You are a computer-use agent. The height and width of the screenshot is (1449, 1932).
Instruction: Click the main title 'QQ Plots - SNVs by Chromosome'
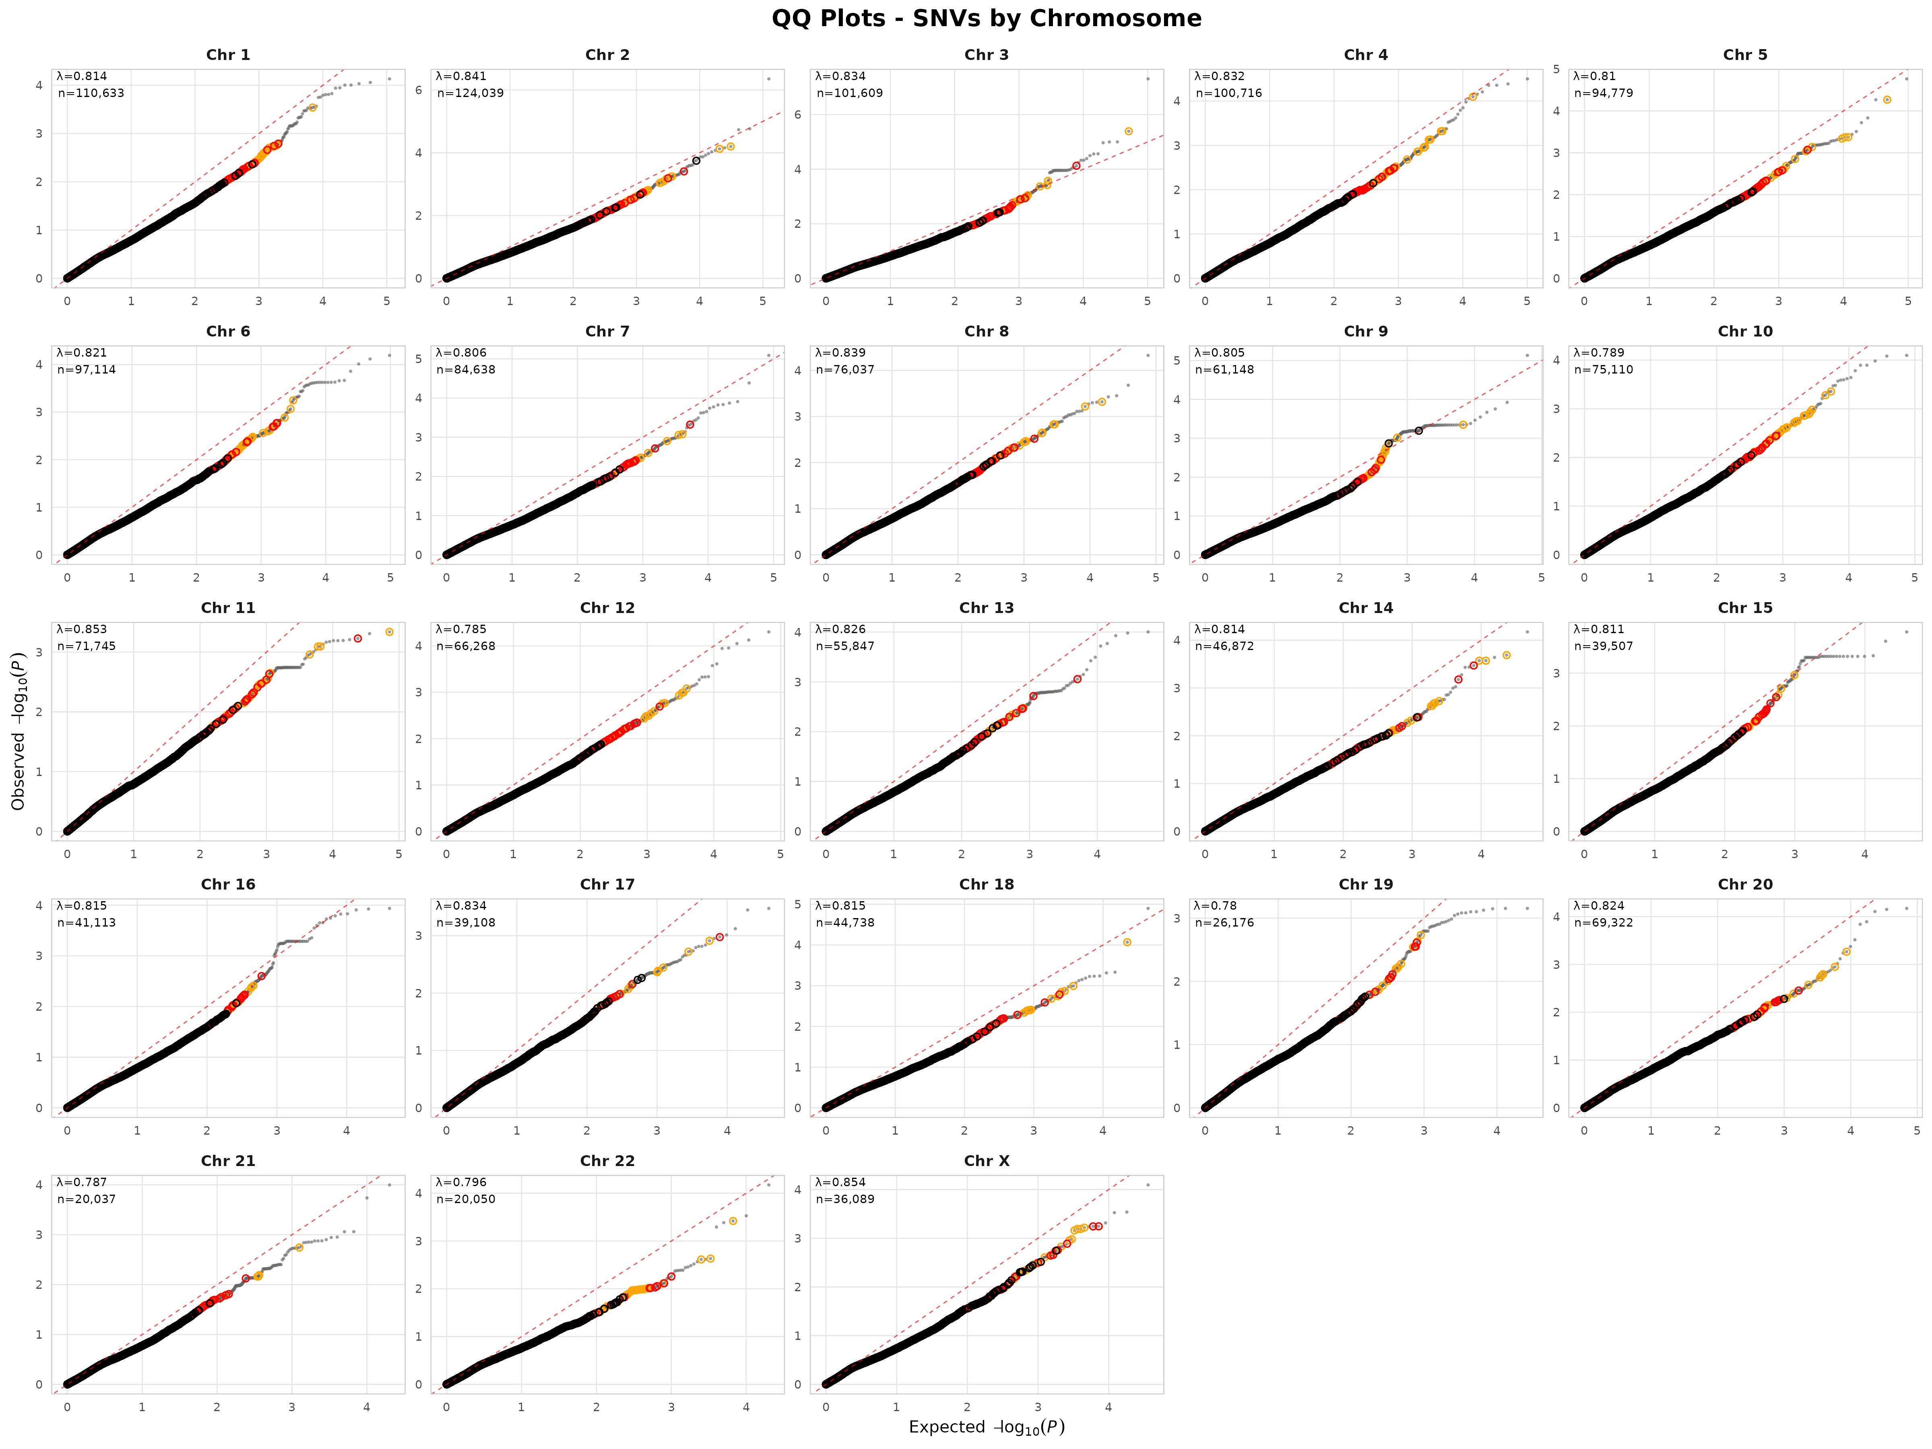click(986, 19)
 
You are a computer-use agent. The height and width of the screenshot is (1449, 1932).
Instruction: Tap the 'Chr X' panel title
click(986, 1161)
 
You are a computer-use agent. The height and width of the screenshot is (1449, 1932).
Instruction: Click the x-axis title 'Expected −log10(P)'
click(986, 1426)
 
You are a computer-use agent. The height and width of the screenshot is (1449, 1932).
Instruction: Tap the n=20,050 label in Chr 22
click(466, 1199)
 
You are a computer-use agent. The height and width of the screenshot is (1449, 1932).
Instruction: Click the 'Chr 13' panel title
click(986, 608)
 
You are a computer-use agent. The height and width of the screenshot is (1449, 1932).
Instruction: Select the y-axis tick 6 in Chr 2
click(418, 90)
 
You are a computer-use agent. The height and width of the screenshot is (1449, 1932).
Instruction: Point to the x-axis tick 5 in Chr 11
click(398, 854)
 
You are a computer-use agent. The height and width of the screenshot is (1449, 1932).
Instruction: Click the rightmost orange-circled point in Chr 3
click(1129, 131)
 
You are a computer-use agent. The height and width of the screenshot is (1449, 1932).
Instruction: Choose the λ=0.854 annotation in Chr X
click(840, 1182)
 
